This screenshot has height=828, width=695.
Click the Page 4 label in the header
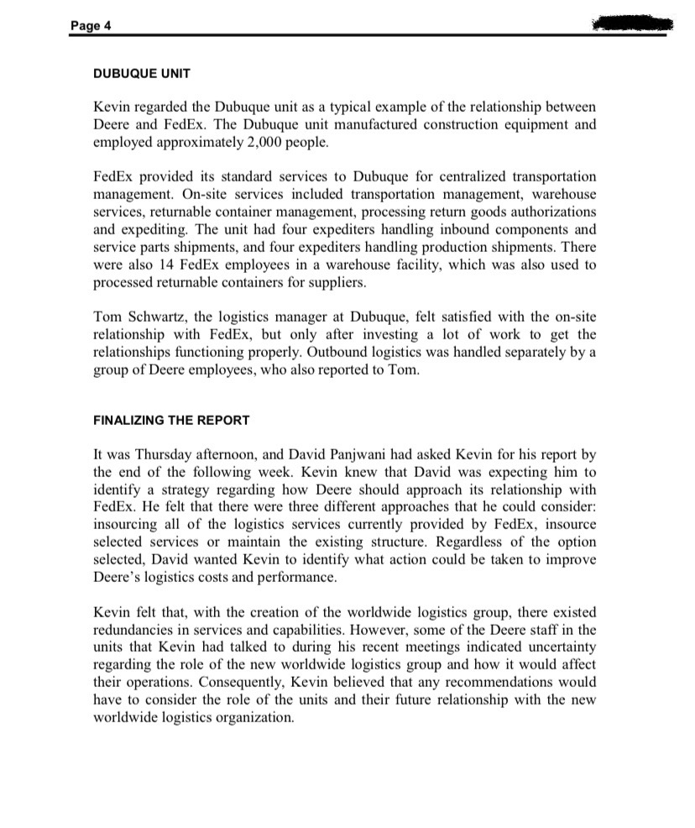[91, 25]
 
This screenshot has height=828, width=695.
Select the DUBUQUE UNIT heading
[141, 74]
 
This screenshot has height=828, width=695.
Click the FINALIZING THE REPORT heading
[170, 420]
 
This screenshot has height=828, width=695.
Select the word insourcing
[125, 524]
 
